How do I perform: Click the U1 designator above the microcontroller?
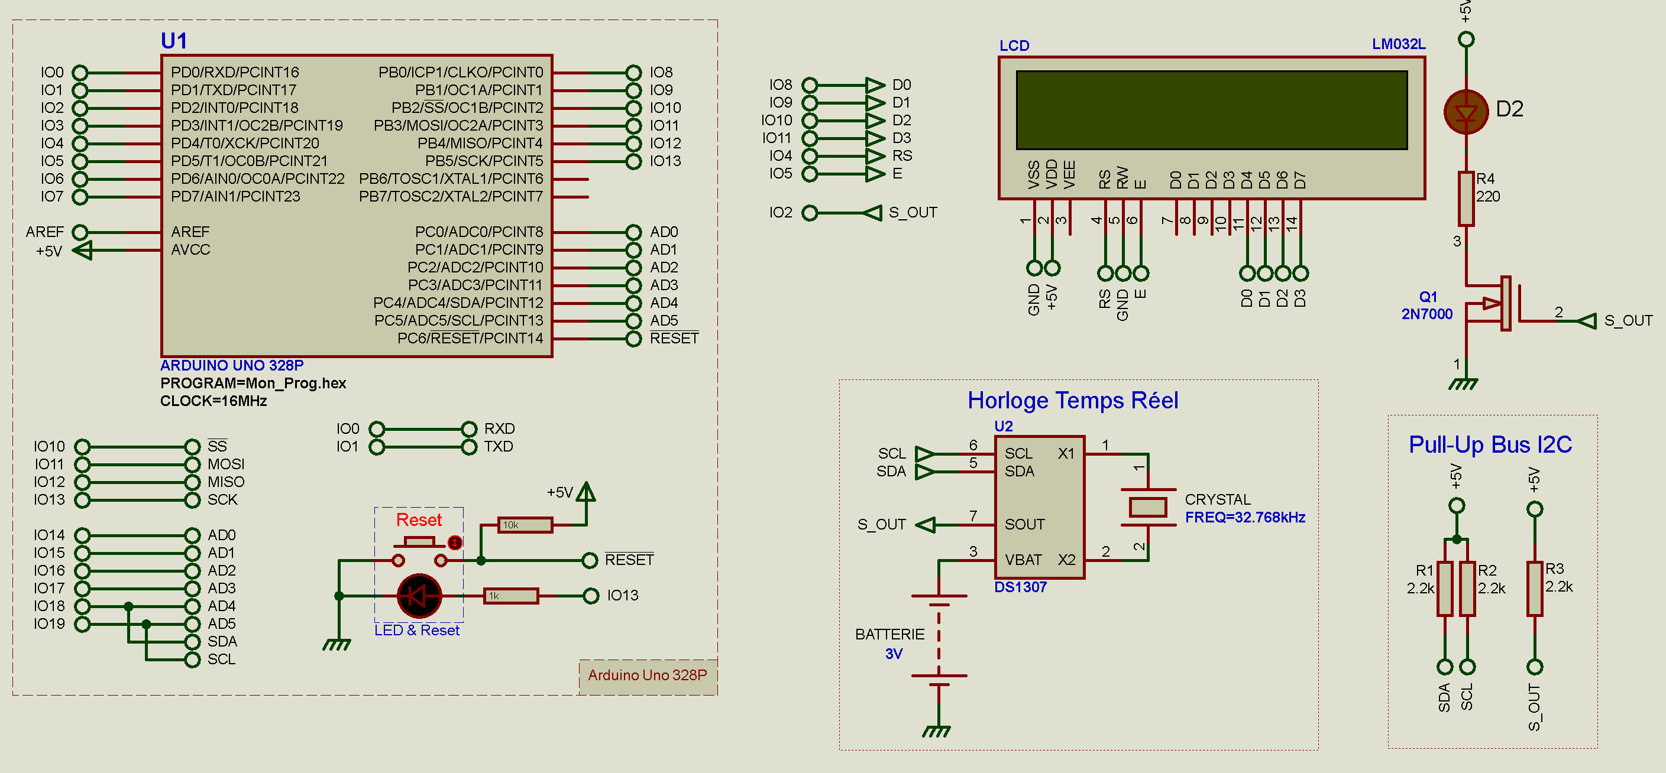click(x=174, y=41)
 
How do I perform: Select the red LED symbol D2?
click(x=1466, y=112)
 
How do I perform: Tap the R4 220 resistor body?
click(x=1466, y=199)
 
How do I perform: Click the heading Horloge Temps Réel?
click(x=1072, y=401)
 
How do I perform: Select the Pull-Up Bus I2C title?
click(x=1490, y=444)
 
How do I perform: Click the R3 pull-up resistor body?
click(x=1534, y=589)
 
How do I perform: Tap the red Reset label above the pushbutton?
click(x=419, y=519)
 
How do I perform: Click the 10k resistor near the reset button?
click(x=525, y=525)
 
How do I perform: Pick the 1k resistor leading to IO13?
click(x=511, y=596)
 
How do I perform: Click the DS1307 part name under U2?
click(x=1020, y=587)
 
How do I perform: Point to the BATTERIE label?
click(x=889, y=634)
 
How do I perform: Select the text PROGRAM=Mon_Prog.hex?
click(x=253, y=384)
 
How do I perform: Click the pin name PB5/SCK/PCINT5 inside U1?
click(x=483, y=161)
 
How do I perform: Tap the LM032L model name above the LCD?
click(x=1398, y=44)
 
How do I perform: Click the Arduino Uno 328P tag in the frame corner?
click(x=648, y=675)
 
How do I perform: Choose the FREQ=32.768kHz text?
click(x=1244, y=517)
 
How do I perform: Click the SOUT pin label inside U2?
click(x=1024, y=524)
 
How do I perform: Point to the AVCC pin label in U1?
click(x=190, y=249)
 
